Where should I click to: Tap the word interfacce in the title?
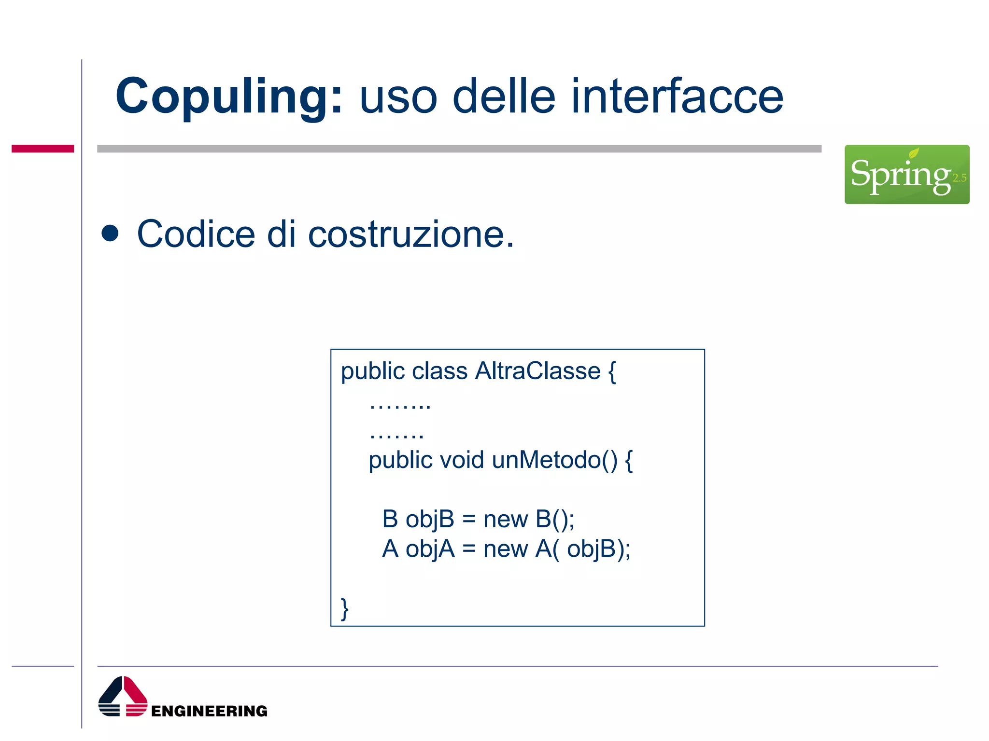677,96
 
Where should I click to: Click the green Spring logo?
906,174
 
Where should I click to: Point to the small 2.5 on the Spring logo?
959,178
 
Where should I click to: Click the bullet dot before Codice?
110,233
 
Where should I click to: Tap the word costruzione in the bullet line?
410,234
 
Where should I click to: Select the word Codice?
196,234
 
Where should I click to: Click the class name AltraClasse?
537,371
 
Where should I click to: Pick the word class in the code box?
439,371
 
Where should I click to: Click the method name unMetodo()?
554,460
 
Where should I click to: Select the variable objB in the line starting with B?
430,520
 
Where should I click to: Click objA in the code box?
430,549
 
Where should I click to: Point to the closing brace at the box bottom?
344,609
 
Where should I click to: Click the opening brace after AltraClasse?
612,371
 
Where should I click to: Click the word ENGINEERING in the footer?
209,711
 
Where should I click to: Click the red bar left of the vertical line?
42,149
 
